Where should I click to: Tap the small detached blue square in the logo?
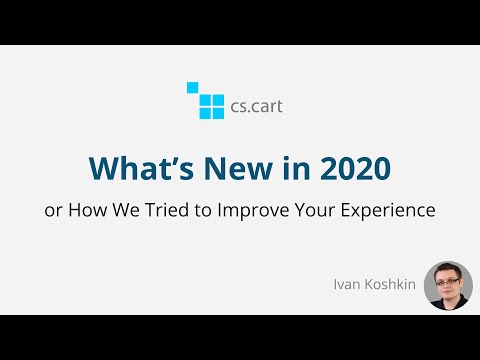(x=192, y=87)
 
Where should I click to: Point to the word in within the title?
(x=278, y=168)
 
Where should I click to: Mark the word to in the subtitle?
(x=216, y=212)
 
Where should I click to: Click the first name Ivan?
(x=348, y=285)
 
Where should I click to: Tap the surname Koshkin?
(x=391, y=285)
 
